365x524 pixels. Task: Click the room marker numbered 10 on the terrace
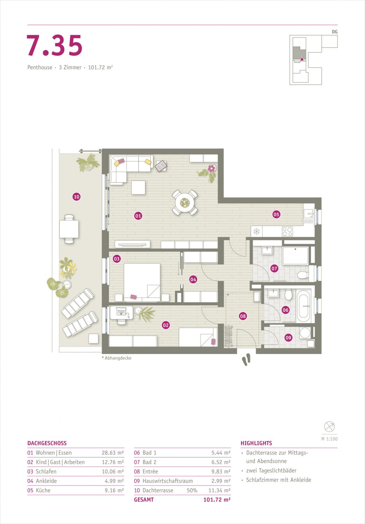point(77,197)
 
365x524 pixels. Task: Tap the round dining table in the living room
point(185,202)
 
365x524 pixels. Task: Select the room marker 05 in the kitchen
point(276,214)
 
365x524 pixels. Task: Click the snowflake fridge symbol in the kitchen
point(257,232)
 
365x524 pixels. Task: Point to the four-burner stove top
point(287,232)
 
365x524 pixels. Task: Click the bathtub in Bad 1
point(303,306)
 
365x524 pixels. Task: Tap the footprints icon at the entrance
point(246,359)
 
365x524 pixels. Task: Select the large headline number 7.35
point(54,45)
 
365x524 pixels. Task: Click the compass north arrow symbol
point(329,427)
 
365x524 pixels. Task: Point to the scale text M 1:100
point(329,439)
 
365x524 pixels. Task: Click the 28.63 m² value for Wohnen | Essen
point(113,453)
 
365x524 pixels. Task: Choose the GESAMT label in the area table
point(144,500)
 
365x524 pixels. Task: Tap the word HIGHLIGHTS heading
point(256,443)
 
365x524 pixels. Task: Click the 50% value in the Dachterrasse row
point(192,490)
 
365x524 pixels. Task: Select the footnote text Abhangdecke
point(118,358)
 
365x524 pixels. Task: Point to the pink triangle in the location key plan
point(302,59)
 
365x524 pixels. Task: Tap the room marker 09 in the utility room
point(288,337)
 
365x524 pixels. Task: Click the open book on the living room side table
point(161,166)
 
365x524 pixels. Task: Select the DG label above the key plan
point(335,32)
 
